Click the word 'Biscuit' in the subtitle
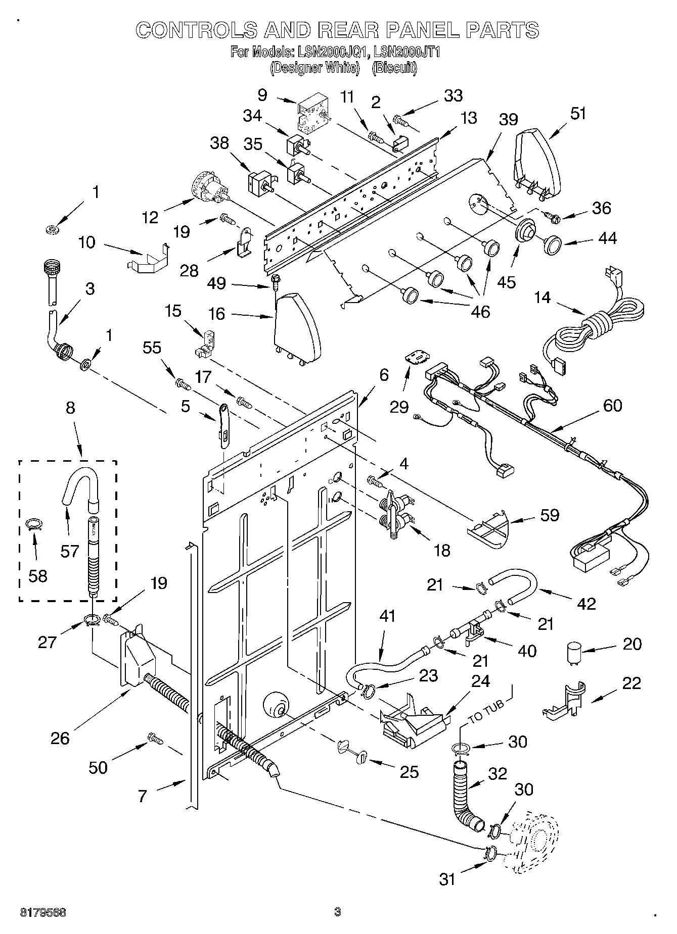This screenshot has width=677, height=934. pos(394,68)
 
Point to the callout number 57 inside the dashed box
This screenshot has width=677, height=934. pos(70,551)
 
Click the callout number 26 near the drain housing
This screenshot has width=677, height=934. pos(60,738)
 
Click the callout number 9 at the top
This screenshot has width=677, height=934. pos(262,95)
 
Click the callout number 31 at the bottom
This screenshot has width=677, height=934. pos(447,879)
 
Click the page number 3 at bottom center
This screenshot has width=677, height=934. pos(338,912)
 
